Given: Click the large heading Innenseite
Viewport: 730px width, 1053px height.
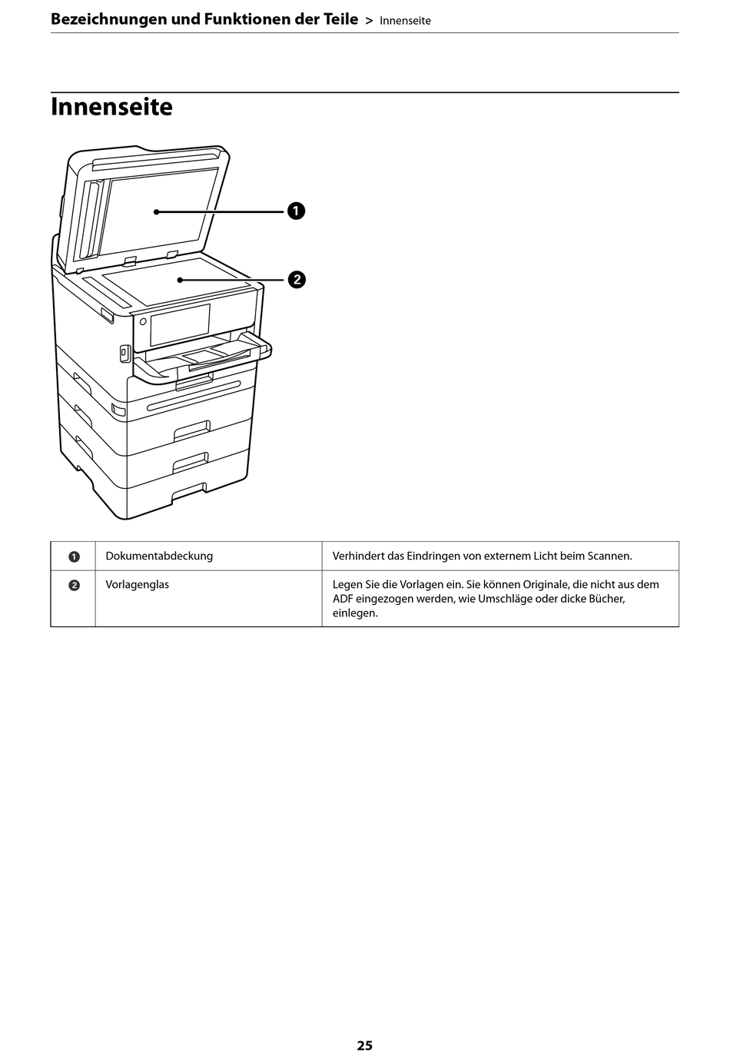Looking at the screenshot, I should (111, 107).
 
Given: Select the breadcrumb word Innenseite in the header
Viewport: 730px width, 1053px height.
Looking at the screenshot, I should (405, 21).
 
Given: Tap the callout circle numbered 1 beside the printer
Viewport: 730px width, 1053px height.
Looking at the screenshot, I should (297, 211).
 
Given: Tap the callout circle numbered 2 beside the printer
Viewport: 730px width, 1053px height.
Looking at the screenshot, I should (297, 279).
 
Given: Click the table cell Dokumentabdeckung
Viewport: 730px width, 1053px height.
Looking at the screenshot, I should (159, 556).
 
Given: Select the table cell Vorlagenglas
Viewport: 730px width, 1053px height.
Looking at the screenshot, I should (138, 584).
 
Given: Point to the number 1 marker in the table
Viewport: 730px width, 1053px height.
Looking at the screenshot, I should (74, 556).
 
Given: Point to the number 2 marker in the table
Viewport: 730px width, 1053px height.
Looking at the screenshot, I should (74, 585).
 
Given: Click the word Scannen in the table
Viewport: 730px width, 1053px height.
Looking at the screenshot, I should (609, 556).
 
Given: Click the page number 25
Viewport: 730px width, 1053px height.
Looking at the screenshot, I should (364, 1045).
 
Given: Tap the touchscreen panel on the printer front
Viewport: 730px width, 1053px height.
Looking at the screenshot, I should (180, 324).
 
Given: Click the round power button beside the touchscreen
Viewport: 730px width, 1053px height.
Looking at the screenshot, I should (143, 321).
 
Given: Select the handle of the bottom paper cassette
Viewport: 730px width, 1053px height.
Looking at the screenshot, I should (190, 493).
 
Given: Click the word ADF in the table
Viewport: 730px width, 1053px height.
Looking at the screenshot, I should (343, 599).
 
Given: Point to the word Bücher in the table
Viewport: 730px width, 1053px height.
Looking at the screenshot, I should (606, 599).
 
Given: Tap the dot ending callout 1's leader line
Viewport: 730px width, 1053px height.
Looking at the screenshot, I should (156, 211).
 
